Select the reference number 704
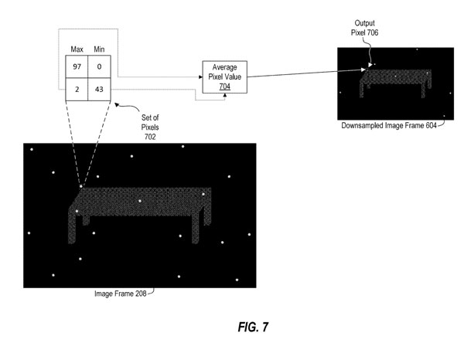[224, 88]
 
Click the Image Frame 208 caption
[120, 293]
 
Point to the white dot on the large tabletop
[139, 201]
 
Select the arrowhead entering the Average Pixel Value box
[197, 77]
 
